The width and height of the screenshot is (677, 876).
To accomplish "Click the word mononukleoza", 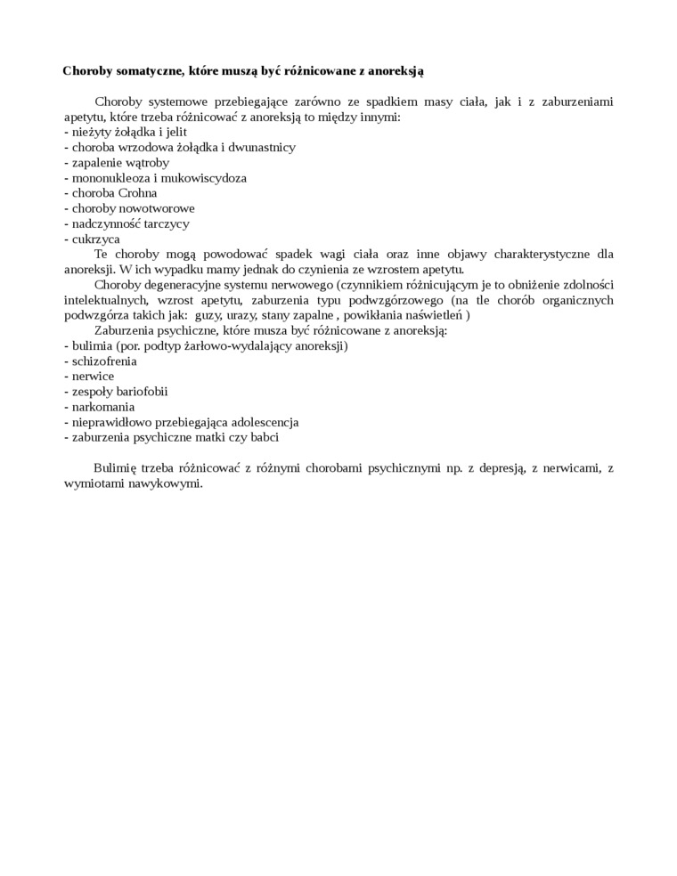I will coord(108,178).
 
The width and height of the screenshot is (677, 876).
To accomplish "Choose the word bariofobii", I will coord(140,391).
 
